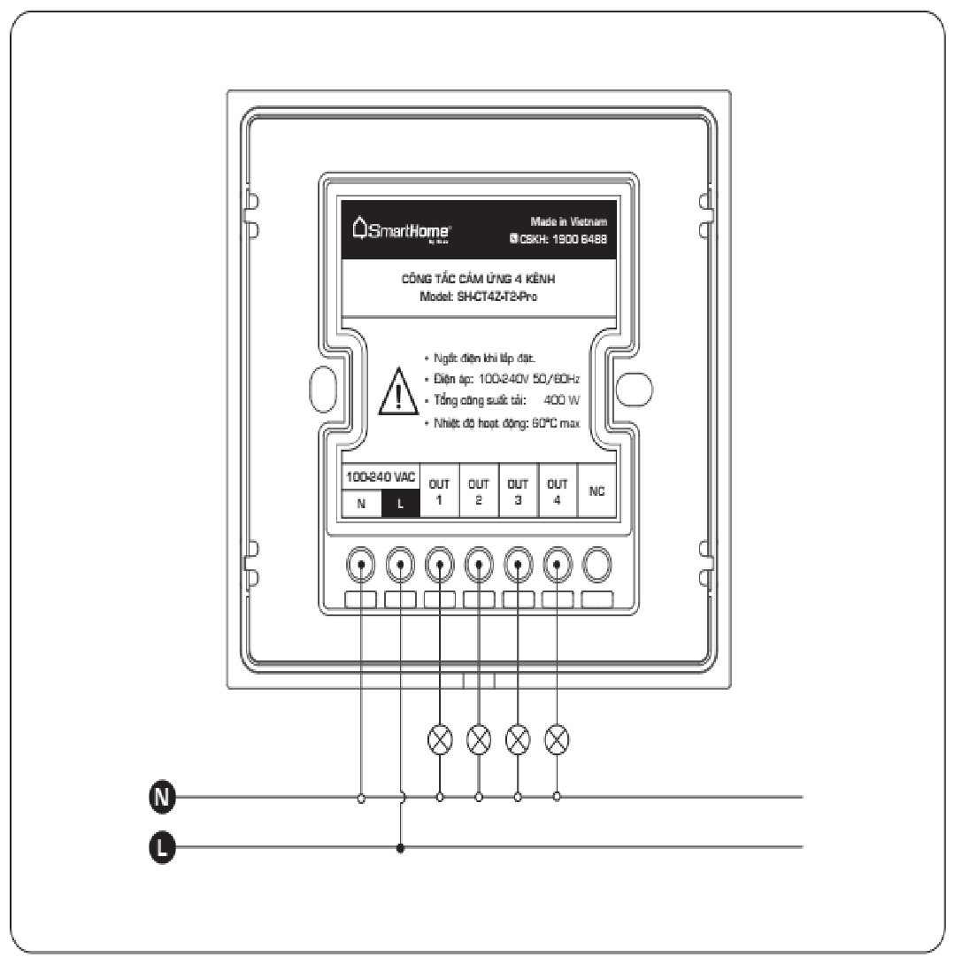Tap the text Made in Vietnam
click(569, 222)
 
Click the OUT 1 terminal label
click(439, 491)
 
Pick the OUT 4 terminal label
click(557, 491)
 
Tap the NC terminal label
click(596, 492)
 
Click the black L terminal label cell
click(400, 504)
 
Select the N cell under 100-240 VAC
click(361, 504)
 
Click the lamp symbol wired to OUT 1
click(440, 737)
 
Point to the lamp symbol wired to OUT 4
click(557, 737)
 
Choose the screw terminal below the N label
click(361, 563)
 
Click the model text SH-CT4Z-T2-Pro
click(492, 297)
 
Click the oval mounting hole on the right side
click(634, 388)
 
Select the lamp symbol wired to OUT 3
click(518, 737)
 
